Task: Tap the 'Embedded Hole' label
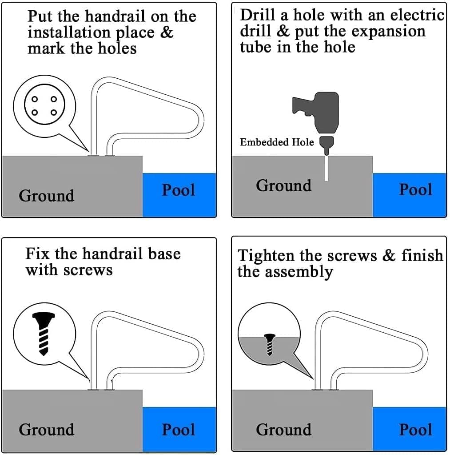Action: (277, 142)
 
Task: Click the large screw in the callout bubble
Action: (44, 333)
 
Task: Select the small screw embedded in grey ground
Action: (269, 344)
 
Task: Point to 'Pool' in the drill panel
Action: (415, 189)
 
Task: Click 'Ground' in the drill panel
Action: (283, 185)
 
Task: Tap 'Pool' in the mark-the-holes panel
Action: (178, 190)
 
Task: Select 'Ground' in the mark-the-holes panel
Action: (46, 196)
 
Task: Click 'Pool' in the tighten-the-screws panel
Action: (415, 430)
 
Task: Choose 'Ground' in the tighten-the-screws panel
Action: (283, 430)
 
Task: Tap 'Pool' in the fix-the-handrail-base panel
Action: (178, 430)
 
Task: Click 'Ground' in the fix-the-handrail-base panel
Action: (46, 430)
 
